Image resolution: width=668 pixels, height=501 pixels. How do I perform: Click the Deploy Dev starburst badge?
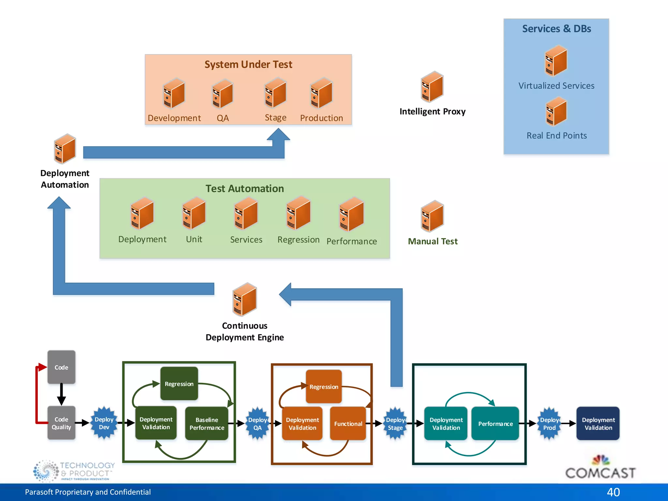tap(104, 423)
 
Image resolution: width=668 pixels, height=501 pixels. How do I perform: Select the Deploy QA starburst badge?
tap(257, 423)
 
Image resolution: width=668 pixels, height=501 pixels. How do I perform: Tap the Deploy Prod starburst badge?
tap(549, 423)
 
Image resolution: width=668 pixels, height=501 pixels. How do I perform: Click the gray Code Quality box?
tap(61, 423)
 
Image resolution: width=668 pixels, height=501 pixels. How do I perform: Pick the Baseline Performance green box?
tap(207, 423)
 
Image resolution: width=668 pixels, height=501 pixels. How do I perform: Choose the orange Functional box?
tap(348, 423)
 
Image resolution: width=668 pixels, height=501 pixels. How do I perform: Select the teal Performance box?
tap(495, 423)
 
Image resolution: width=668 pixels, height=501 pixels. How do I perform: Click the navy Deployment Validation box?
tap(598, 423)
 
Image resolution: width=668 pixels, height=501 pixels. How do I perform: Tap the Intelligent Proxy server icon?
tap(432, 87)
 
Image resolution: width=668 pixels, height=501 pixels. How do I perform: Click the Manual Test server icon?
tap(432, 216)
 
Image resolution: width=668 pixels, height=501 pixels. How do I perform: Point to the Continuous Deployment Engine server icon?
tap(245, 299)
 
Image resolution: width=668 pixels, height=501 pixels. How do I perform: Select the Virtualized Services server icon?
tap(556, 61)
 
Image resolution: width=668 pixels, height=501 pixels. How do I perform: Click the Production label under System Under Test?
tap(321, 118)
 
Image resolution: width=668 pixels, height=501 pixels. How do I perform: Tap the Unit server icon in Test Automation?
tap(194, 213)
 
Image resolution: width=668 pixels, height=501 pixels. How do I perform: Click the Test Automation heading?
tap(245, 189)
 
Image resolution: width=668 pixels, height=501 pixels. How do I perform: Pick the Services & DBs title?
tap(556, 29)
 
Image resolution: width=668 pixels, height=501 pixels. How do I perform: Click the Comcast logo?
tap(600, 468)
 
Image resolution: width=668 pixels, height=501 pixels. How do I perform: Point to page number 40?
tap(613, 492)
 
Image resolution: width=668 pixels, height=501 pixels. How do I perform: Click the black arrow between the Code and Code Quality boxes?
tap(61, 394)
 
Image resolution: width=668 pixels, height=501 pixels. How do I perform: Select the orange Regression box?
tap(324, 387)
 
